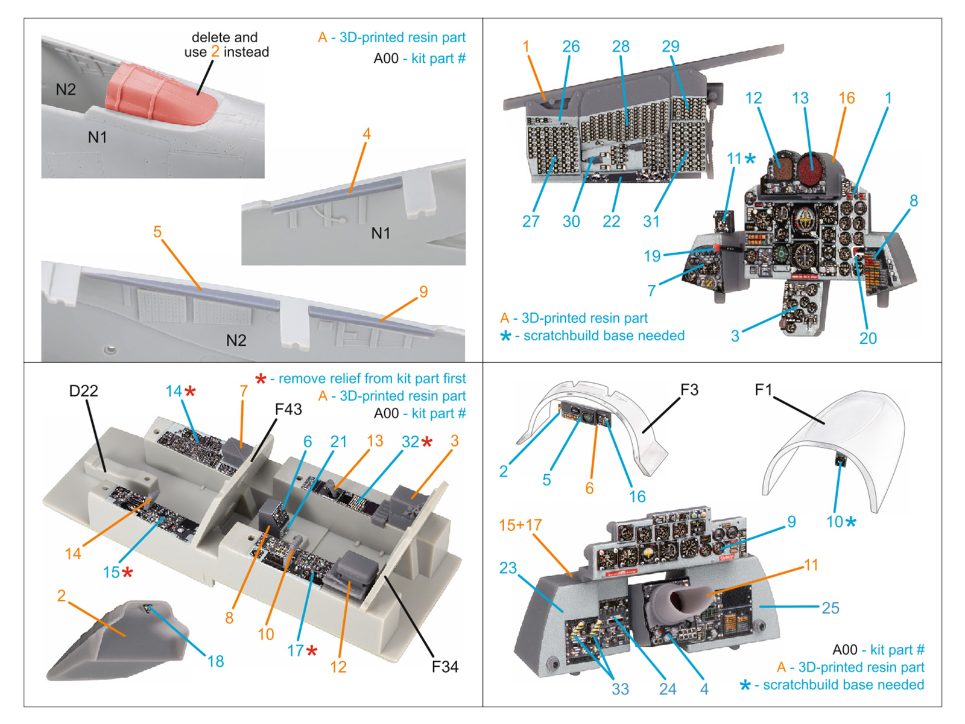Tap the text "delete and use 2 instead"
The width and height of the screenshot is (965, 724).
226,45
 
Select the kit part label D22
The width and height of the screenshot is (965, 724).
83,391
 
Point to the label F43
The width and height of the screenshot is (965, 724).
288,410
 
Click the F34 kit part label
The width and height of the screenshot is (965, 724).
445,667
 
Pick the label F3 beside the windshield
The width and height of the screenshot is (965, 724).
689,390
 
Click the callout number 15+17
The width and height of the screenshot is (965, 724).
520,525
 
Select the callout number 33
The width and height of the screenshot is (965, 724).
620,689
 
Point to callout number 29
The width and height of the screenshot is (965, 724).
670,46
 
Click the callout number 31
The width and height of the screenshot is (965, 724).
651,221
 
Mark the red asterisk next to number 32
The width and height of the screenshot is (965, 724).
427,442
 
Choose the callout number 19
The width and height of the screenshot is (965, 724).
652,256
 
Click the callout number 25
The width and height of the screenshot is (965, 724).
830,608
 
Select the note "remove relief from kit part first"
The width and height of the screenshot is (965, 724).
372,379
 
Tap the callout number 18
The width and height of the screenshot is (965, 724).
215,661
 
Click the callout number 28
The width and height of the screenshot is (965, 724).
621,46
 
